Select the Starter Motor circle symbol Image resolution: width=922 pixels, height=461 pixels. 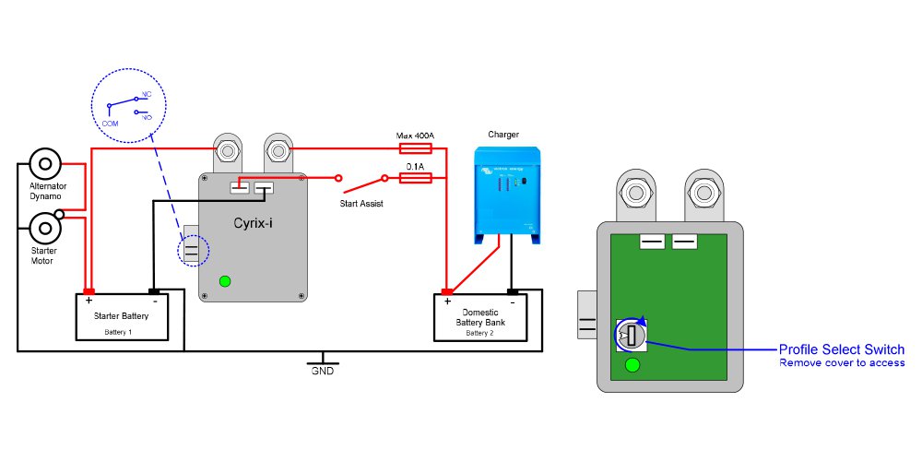point(42,226)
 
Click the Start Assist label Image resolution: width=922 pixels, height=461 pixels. point(361,204)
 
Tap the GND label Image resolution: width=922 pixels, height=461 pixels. point(322,371)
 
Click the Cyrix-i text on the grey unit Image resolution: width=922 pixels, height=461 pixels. point(252,223)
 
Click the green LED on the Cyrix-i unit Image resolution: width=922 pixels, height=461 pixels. point(224,281)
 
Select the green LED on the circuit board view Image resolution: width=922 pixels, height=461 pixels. point(632,365)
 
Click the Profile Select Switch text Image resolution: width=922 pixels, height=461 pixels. point(841,349)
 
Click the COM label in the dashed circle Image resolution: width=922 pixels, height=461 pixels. point(110,122)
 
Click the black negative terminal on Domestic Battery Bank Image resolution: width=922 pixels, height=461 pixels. point(511,293)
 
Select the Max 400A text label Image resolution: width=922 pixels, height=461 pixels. point(415,136)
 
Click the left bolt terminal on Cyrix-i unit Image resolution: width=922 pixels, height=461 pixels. point(227,148)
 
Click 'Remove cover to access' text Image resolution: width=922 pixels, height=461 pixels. point(841,363)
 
